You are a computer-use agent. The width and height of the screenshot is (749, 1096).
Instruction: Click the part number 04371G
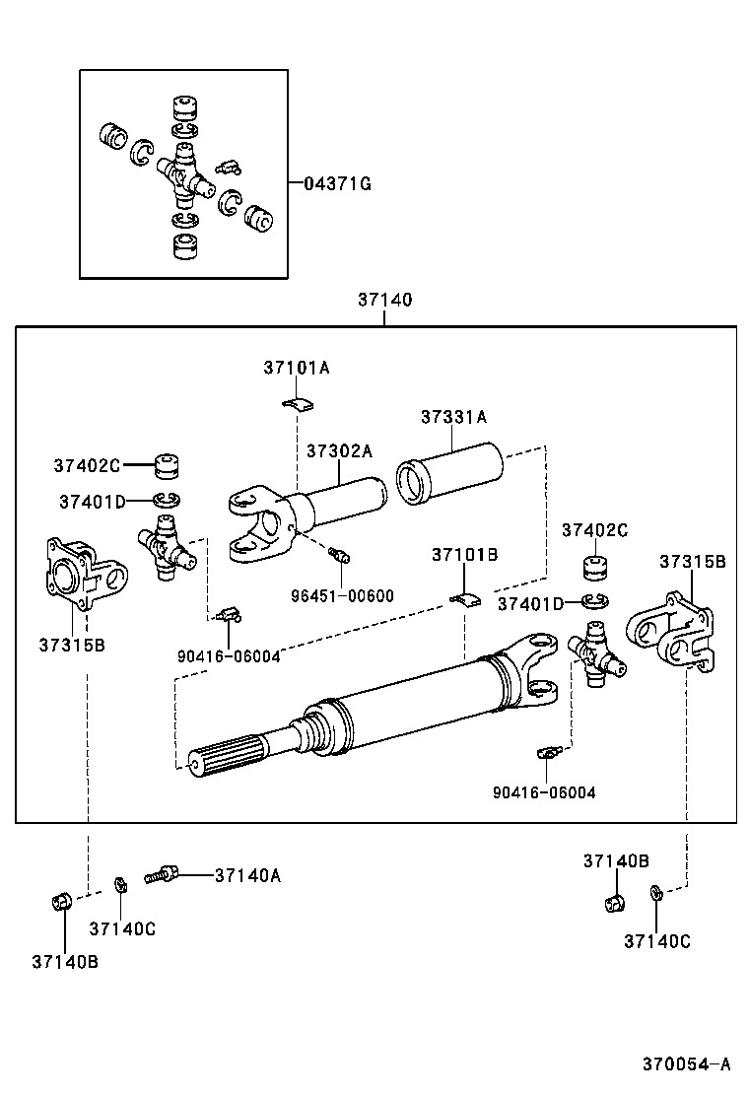337,183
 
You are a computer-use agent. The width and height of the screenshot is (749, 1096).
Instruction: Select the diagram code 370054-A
687,1063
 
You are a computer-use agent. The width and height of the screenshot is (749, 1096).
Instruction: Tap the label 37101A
296,368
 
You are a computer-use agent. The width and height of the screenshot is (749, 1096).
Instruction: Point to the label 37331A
453,417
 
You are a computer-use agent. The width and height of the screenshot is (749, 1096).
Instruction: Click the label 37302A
338,450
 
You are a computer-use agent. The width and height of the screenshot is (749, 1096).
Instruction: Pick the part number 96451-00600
342,595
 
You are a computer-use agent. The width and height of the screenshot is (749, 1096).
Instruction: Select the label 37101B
464,555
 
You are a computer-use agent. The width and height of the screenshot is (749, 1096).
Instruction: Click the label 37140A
247,874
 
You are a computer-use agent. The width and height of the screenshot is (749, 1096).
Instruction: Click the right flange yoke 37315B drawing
673,631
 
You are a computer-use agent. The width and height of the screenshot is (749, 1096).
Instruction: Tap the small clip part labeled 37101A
296,402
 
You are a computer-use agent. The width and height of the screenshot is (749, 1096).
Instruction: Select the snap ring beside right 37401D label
594,601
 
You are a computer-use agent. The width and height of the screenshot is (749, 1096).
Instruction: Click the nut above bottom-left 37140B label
61,901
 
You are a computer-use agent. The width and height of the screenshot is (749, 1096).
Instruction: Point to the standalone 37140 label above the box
384,300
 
